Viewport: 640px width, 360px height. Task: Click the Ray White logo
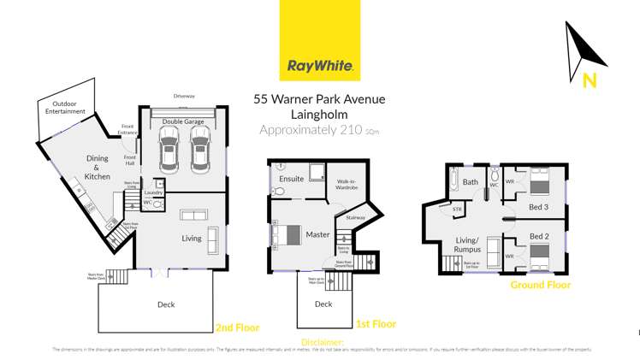click(320, 40)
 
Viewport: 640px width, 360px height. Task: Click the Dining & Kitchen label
click(97, 167)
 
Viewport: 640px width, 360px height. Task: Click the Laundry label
click(153, 193)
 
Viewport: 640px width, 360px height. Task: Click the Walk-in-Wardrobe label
click(346, 184)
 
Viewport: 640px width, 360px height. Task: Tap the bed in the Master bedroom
click(287, 233)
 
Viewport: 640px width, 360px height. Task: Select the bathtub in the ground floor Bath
click(452, 181)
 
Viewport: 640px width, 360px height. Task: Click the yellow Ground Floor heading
click(540, 285)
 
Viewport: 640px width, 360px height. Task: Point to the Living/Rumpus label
click(467, 244)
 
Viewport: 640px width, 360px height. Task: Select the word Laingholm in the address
click(319, 114)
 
